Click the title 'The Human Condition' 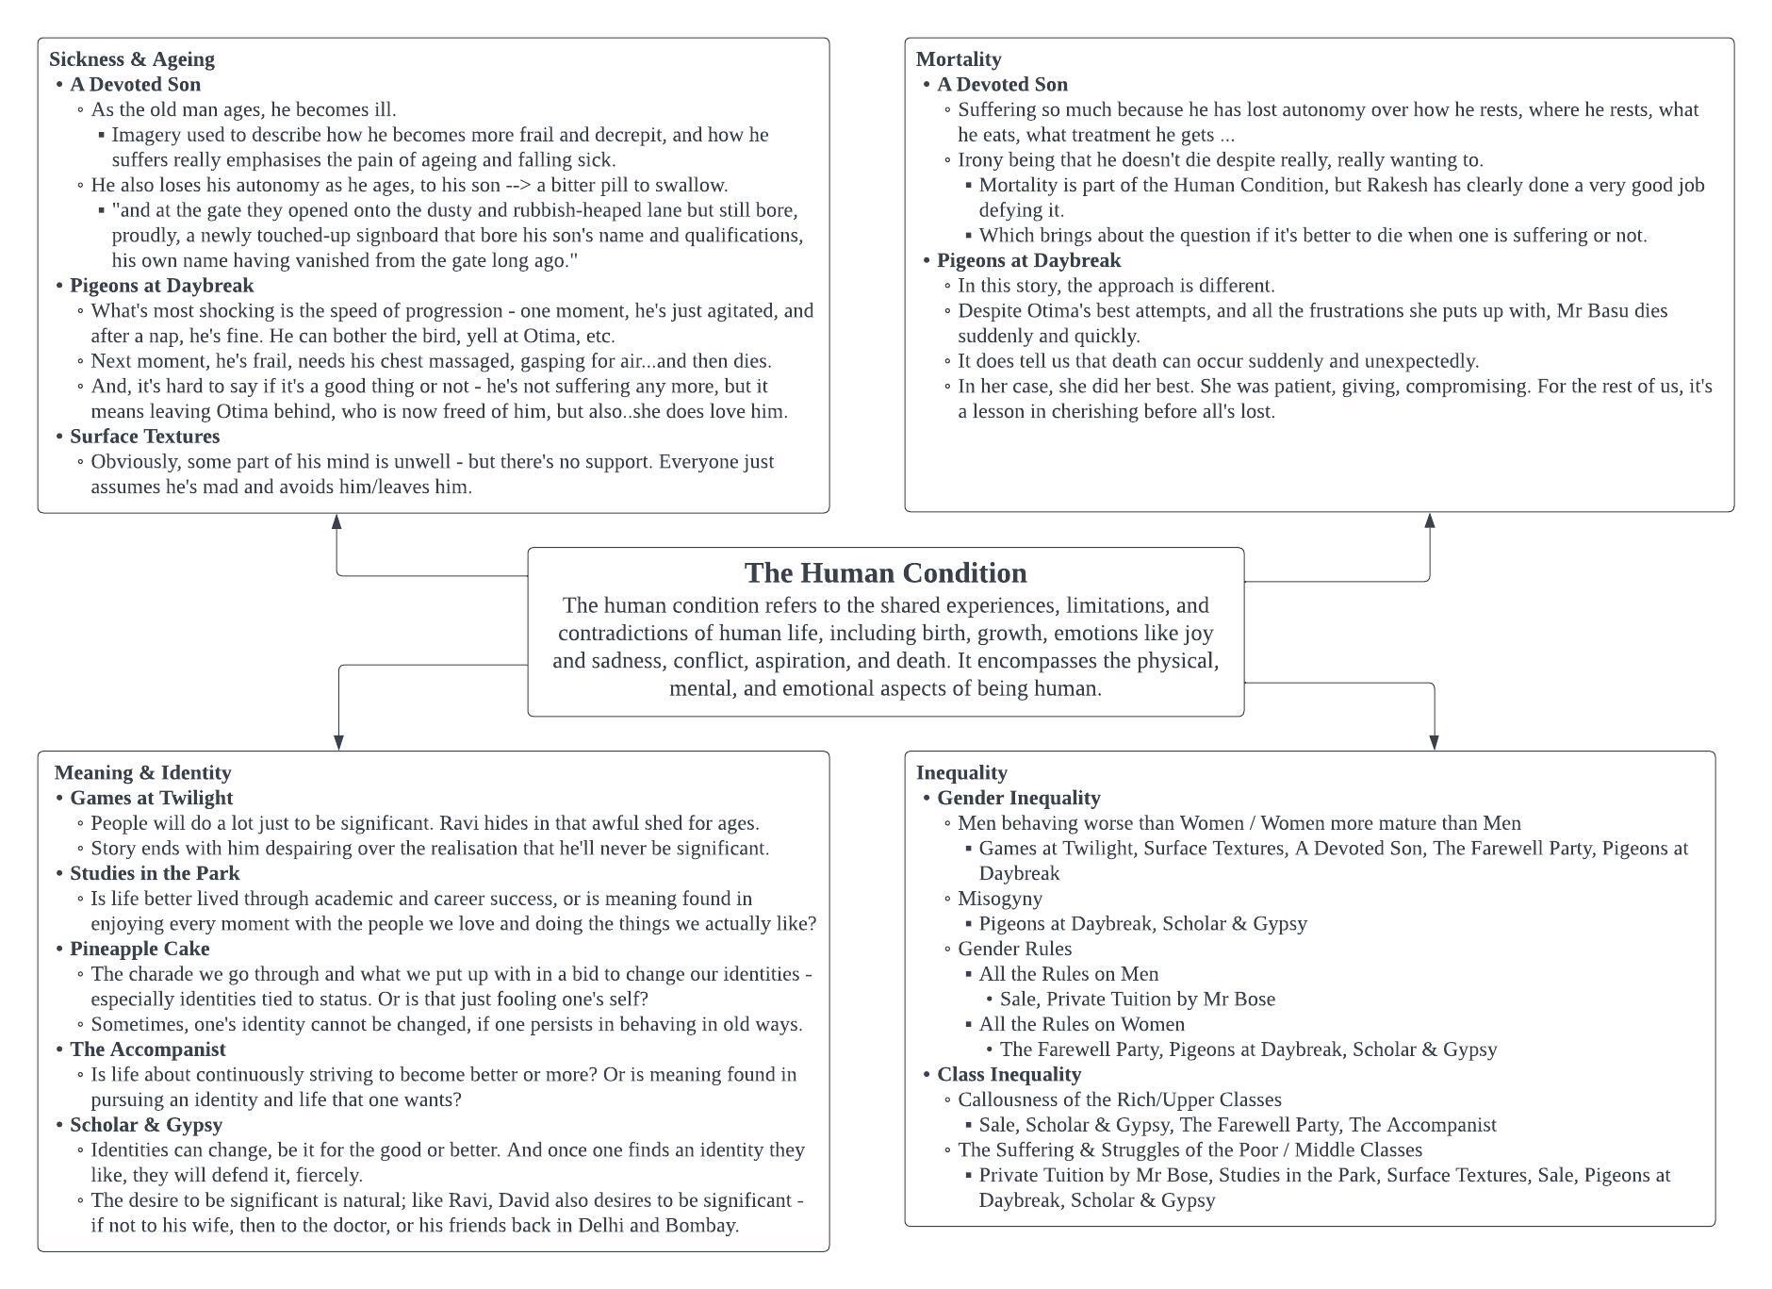(885, 573)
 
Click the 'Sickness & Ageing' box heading (132, 59)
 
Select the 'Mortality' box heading (958, 59)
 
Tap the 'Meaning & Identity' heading (142, 772)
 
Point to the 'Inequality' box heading (961, 772)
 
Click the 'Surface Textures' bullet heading (144, 437)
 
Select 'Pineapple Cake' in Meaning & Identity (139, 949)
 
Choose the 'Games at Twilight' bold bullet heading (151, 798)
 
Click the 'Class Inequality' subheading (1009, 1074)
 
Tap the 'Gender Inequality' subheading (1018, 798)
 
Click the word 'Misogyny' (999, 899)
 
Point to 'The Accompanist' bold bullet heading (147, 1049)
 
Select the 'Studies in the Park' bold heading (155, 873)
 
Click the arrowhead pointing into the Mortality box (1429, 521)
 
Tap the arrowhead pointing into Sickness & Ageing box (336, 521)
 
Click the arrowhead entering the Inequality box (1434, 743)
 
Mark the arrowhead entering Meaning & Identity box (338, 743)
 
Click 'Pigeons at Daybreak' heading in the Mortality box (1028, 260)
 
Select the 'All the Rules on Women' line (1081, 1024)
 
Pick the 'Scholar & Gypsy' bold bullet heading (146, 1125)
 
